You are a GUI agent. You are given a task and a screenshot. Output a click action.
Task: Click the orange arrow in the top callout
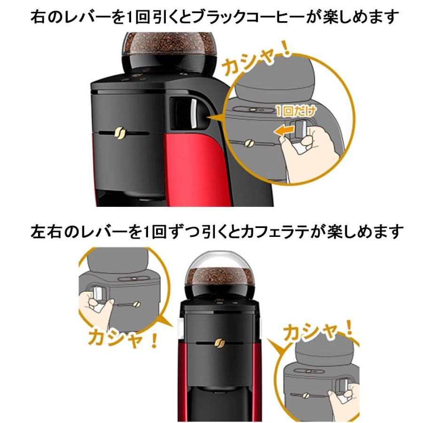click(284, 131)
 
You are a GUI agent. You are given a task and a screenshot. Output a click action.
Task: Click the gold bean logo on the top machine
click(119, 133)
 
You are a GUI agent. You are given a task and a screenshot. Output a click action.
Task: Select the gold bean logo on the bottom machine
click(218, 344)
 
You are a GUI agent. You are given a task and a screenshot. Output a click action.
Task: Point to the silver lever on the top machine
click(193, 113)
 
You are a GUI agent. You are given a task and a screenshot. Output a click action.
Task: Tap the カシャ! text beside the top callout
click(256, 59)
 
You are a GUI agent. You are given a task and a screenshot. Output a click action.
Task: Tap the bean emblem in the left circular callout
click(136, 305)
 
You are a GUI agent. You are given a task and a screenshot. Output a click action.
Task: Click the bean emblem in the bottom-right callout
click(305, 395)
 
